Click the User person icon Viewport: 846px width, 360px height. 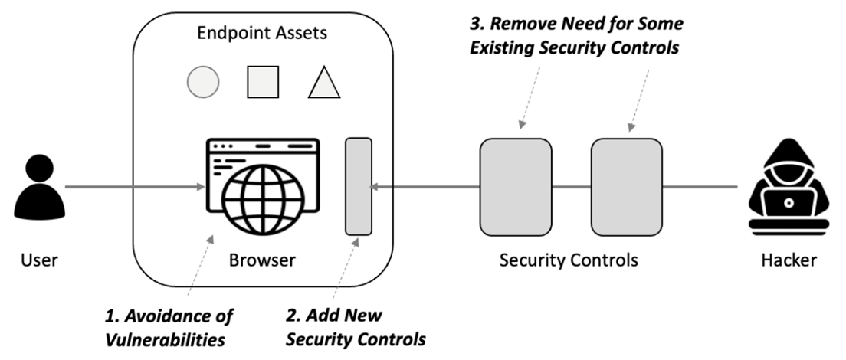(x=38, y=186)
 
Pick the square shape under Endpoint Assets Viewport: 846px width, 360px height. (x=263, y=82)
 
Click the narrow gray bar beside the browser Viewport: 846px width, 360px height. (x=359, y=186)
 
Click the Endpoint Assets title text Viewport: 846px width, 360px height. (x=262, y=33)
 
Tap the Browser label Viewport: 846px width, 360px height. (x=262, y=260)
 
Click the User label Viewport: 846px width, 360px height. (x=38, y=260)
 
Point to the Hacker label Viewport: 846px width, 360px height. (x=789, y=260)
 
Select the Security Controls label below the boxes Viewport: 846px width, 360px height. (x=569, y=260)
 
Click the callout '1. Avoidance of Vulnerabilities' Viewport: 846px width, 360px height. (x=169, y=326)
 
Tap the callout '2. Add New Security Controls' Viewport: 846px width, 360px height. (x=356, y=326)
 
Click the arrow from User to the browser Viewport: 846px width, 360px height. (x=134, y=186)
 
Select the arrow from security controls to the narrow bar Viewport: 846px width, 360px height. (x=425, y=186)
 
